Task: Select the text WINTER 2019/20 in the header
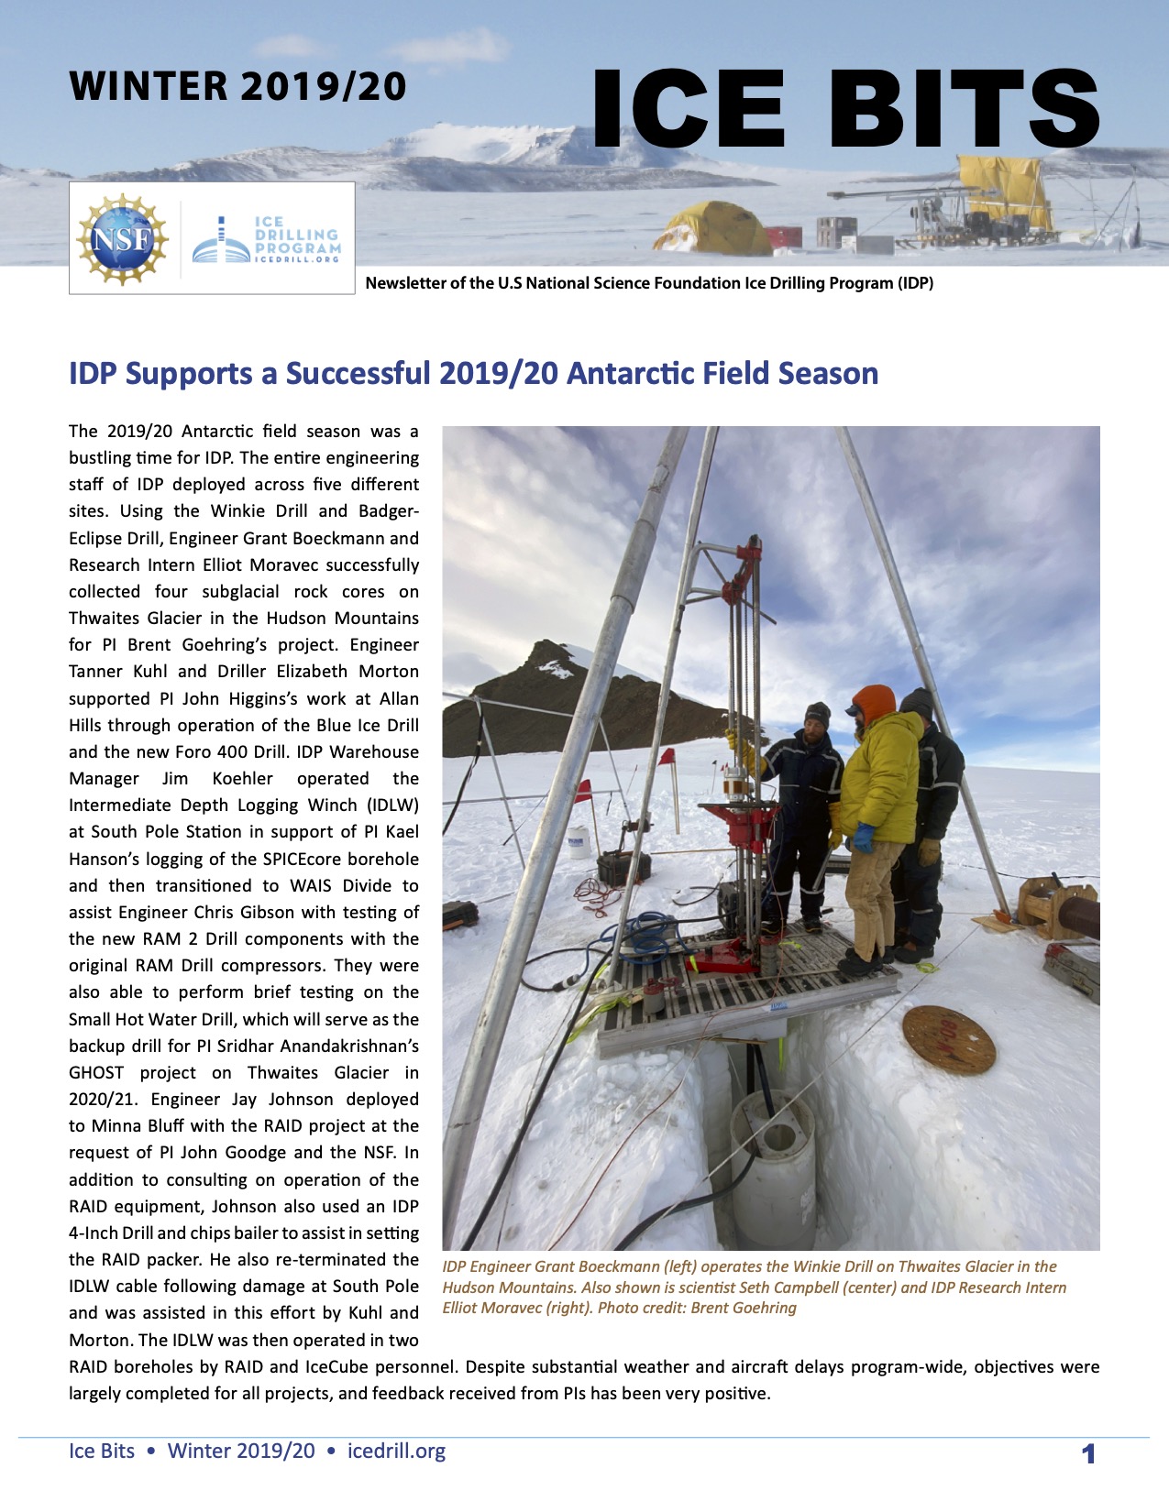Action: click(x=237, y=87)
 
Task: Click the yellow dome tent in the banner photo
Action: click(x=711, y=230)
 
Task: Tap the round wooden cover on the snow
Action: click(x=948, y=1040)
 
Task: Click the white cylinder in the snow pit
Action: click(x=772, y=1155)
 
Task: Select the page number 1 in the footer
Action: click(x=1088, y=1453)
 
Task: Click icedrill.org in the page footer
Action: click(x=396, y=1452)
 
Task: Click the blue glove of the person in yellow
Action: click(x=863, y=837)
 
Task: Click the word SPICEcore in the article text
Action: click(x=279, y=860)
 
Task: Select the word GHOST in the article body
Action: click(x=95, y=1073)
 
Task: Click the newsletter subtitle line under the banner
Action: click(x=649, y=283)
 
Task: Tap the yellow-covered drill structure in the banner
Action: click(x=1005, y=192)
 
